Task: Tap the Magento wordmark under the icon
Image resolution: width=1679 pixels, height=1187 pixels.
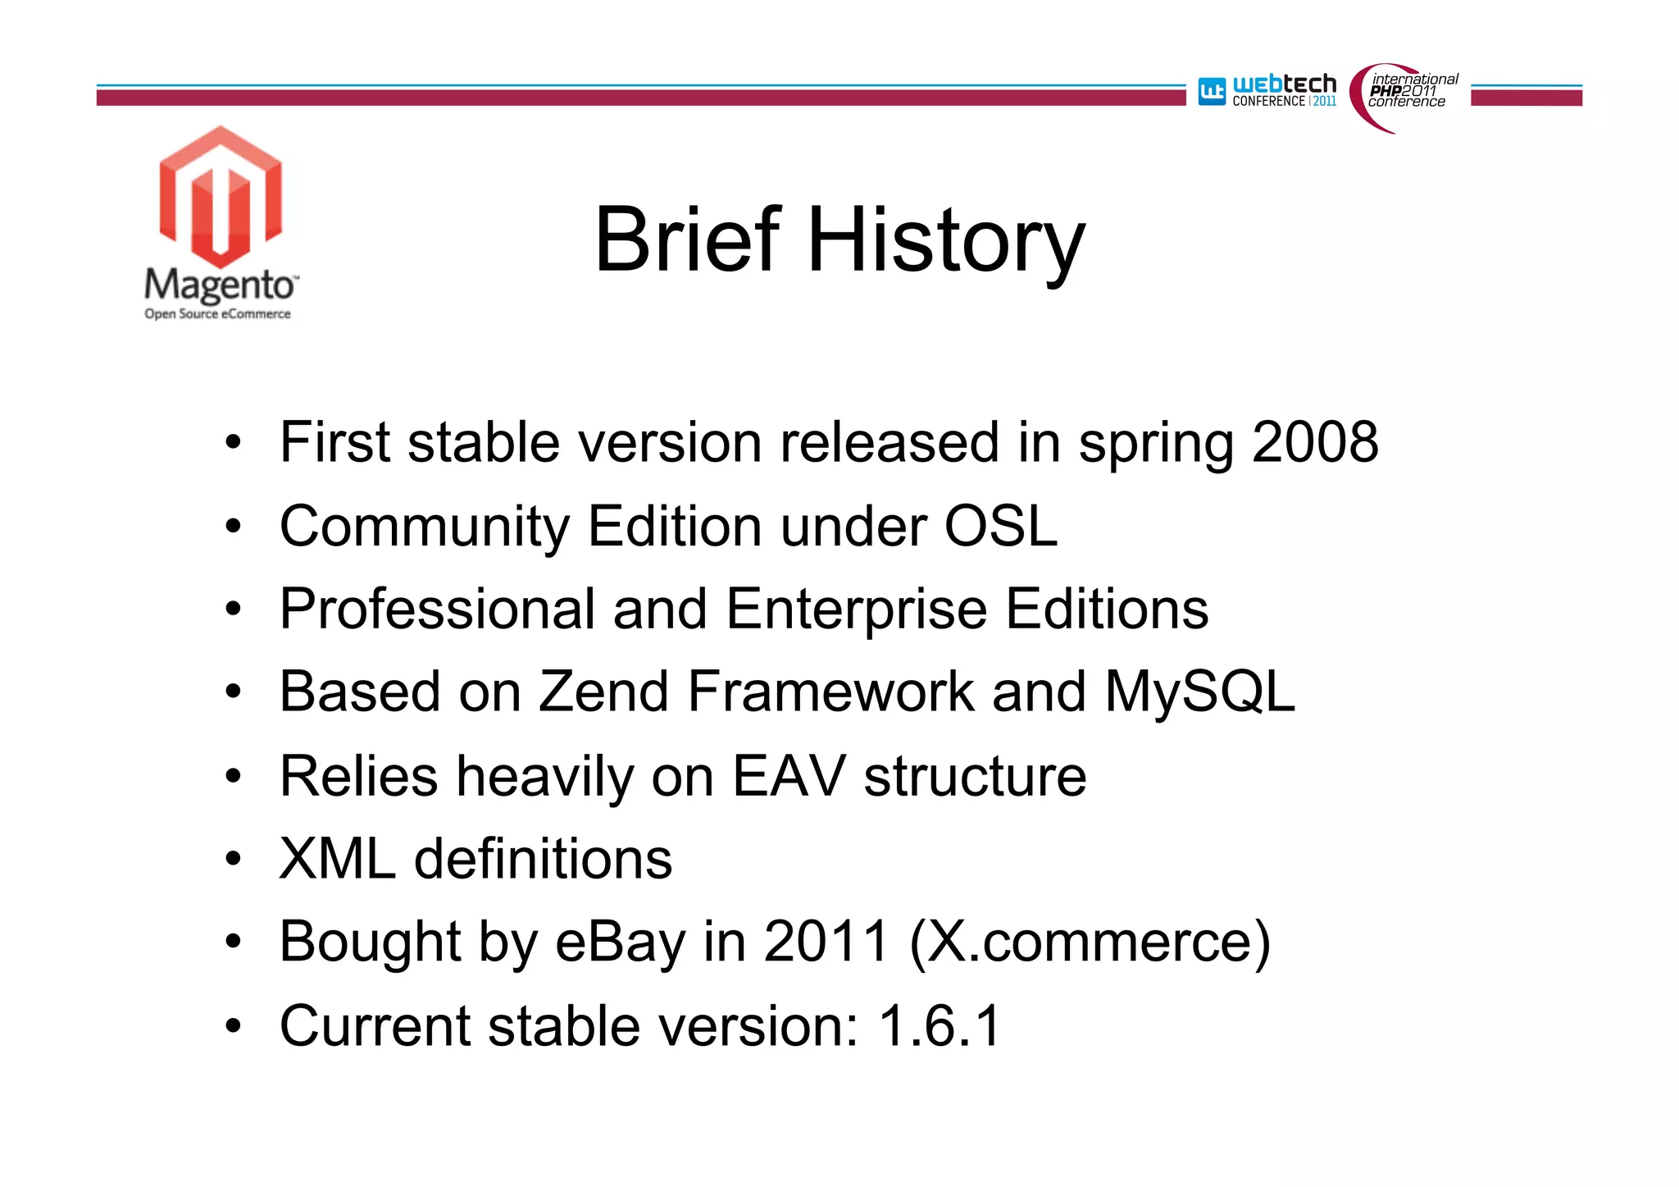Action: pos(220,285)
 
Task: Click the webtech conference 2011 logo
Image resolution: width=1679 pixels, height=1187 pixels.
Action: pos(1267,91)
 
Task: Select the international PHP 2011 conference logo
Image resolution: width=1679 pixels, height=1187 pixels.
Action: pos(1405,94)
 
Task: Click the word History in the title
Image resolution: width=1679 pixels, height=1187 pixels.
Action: pos(946,241)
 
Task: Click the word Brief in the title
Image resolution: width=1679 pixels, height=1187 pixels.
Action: pos(687,240)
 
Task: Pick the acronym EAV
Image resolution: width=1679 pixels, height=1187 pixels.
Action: pos(788,776)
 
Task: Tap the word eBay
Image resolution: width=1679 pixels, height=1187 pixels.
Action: pos(620,942)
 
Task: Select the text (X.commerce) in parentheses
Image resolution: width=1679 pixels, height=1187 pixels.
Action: pos(1090,942)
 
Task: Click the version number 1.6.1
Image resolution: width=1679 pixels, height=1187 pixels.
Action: pos(940,1025)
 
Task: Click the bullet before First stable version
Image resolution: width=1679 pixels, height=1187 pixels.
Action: pos(234,444)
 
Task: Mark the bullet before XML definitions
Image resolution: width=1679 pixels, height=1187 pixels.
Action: pos(234,860)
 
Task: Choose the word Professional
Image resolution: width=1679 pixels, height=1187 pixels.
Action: pos(437,609)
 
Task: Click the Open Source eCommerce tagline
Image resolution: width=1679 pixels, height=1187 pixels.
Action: pos(217,314)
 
